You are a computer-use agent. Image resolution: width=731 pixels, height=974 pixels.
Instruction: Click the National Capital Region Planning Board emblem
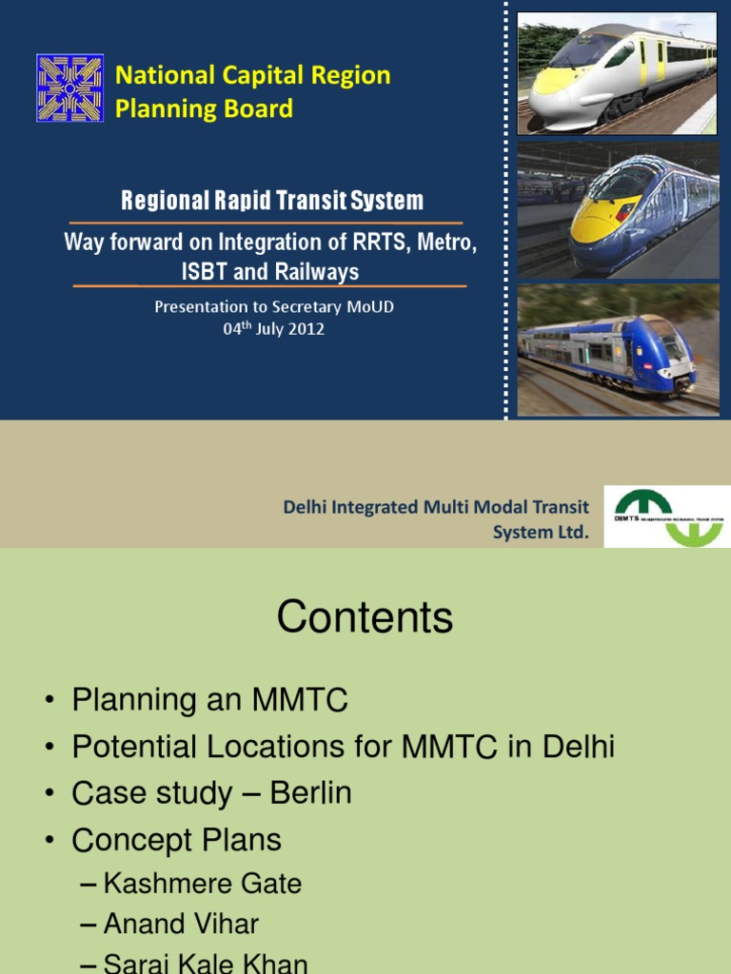[69, 88]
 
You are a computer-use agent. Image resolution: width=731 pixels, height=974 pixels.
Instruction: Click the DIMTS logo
[666, 517]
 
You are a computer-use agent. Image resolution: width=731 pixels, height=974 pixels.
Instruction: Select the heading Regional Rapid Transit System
[271, 201]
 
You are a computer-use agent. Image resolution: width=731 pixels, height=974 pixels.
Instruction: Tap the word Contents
[365, 618]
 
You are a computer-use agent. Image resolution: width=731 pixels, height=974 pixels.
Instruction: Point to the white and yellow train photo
[617, 72]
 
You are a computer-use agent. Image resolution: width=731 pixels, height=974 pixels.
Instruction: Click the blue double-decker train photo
[617, 349]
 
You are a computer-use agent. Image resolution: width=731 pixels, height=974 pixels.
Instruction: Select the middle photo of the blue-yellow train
[617, 210]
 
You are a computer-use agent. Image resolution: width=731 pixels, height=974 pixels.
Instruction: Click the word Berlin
[310, 793]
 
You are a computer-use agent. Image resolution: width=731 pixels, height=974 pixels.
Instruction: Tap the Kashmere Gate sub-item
[202, 884]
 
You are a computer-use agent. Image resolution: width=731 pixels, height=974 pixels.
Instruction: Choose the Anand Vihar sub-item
[181, 924]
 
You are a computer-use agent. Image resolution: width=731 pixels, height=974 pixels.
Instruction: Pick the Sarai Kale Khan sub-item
[205, 963]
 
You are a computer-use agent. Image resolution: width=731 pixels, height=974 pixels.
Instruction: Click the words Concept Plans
[176, 840]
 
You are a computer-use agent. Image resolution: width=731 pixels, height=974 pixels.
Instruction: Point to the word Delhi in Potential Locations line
[579, 747]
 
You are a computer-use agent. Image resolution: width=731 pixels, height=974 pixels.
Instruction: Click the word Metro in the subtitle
[444, 243]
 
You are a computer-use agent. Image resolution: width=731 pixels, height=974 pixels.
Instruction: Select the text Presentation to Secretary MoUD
[274, 307]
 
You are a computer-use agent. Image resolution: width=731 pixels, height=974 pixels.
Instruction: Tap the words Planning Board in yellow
[204, 108]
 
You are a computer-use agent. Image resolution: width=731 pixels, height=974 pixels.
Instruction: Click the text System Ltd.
[541, 533]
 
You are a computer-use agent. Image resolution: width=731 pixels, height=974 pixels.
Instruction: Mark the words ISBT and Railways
[270, 272]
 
